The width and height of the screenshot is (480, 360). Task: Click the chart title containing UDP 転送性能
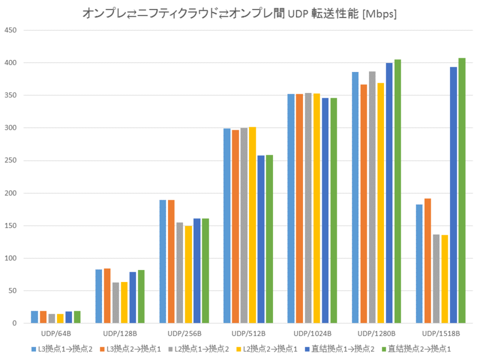tap(240, 13)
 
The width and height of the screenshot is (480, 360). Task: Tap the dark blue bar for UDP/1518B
tap(454, 195)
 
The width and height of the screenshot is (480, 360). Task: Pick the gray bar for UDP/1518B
tap(436, 279)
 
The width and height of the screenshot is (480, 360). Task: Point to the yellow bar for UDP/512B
tap(253, 225)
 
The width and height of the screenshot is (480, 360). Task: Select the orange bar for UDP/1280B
tap(364, 204)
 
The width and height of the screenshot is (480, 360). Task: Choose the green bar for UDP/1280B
tap(398, 191)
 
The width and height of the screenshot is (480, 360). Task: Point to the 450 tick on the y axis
tap(13, 31)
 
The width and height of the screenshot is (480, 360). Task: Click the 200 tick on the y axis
tap(13, 193)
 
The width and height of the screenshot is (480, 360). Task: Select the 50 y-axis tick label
tap(14, 291)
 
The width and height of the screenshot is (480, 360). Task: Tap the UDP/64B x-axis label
tap(55, 334)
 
